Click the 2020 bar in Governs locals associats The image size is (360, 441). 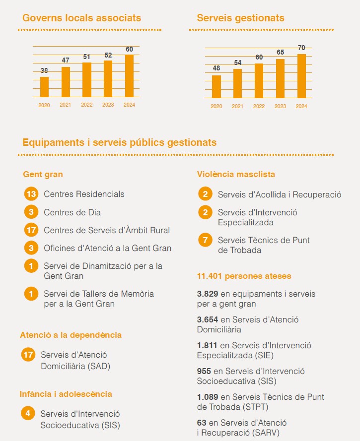pos(44,87)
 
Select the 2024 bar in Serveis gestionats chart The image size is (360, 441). pos(301,75)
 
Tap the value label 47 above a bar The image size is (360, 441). pos(66,60)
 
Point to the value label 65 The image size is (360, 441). pos(280,52)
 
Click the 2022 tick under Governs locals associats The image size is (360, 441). pos(86,105)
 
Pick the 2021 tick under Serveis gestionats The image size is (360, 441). pos(237,106)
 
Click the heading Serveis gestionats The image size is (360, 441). pos(240,18)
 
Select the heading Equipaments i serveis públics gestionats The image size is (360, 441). pos(120,142)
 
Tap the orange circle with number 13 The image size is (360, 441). pos(31,194)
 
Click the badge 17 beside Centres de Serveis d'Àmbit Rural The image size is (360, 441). pos(31,230)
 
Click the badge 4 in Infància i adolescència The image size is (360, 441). pos(28,413)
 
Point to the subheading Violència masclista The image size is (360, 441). pos(236,174)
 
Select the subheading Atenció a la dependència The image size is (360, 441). pos(71,335)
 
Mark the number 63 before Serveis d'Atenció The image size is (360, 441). pos(202,423)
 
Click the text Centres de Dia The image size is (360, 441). pos(72,212)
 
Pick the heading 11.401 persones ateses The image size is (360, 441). pos(244,276)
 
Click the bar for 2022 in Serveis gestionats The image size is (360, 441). pos(259,80)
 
